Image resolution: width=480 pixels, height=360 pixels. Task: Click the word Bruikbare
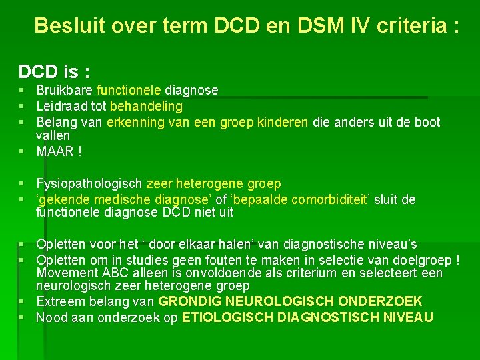65,90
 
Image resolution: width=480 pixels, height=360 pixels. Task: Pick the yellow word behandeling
146,106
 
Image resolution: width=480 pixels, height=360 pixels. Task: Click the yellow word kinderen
285,122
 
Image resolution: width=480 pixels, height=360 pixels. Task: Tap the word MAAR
55,151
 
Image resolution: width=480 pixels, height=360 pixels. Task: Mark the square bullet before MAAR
22,151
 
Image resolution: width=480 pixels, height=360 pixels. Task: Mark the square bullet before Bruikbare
22,90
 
